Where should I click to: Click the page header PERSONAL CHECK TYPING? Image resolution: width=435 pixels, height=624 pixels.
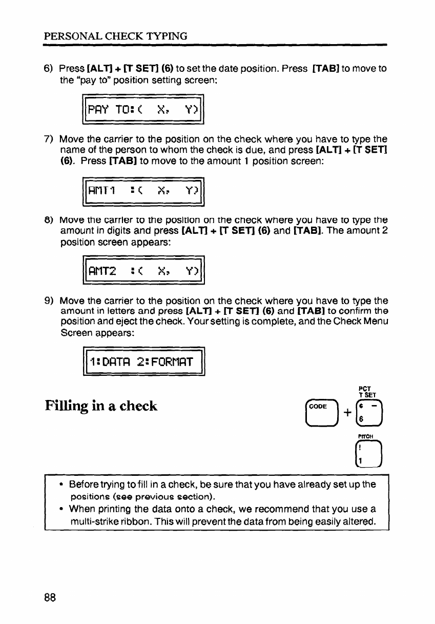pos(115,36)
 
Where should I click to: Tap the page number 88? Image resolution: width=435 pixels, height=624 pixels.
pos(50,597)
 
